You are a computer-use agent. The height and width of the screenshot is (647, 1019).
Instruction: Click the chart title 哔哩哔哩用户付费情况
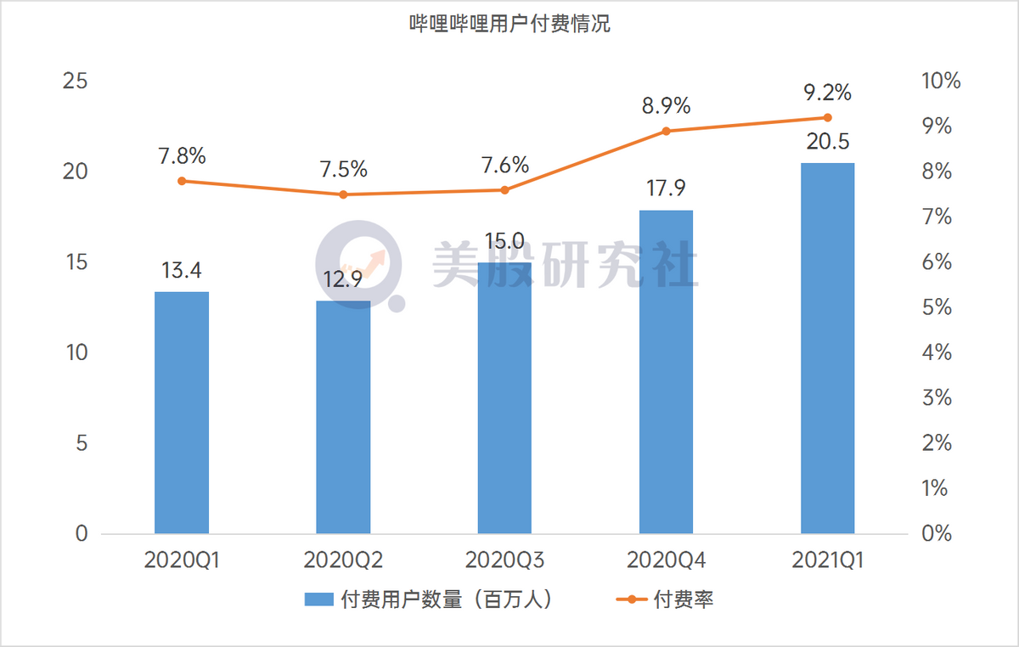[509, 25]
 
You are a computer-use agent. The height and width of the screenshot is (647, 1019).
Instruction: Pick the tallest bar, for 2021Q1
[827, 348]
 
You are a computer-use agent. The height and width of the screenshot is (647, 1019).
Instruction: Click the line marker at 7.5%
[343, 194]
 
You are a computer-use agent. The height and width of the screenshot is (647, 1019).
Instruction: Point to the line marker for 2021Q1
[828, 118]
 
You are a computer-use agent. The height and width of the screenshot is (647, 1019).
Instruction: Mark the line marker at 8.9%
[666, 131]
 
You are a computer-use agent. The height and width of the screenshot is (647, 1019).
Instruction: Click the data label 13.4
[182, 271]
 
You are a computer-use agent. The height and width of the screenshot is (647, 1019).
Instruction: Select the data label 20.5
[827, 141]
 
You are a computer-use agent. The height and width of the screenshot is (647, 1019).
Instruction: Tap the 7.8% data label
[182, 156]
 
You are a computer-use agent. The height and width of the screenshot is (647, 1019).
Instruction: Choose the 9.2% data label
[827, 92]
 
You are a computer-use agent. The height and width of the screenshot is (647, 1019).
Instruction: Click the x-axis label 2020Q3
[504, 560]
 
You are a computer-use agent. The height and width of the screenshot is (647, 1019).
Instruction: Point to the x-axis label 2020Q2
[343, 560]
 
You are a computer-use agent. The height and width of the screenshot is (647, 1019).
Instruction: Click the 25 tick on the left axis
[76, 82]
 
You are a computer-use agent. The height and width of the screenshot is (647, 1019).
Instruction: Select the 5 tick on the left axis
[82, 443]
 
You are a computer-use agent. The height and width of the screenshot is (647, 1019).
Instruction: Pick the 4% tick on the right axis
[934, 352]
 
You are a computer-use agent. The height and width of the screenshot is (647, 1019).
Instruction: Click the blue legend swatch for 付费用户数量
[319, 599]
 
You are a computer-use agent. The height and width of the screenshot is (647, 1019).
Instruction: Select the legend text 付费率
[683, 599]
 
